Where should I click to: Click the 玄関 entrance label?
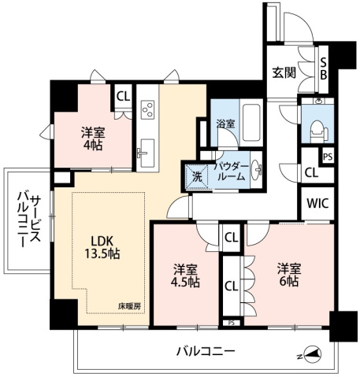(284, 72)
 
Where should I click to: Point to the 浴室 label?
(226, 123)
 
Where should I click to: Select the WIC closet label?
(317, 201)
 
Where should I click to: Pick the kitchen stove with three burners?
(147, 110)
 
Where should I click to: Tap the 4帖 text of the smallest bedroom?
(93, 146)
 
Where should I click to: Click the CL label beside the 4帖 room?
(123, 97)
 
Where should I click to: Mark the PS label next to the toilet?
(327, 157)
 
